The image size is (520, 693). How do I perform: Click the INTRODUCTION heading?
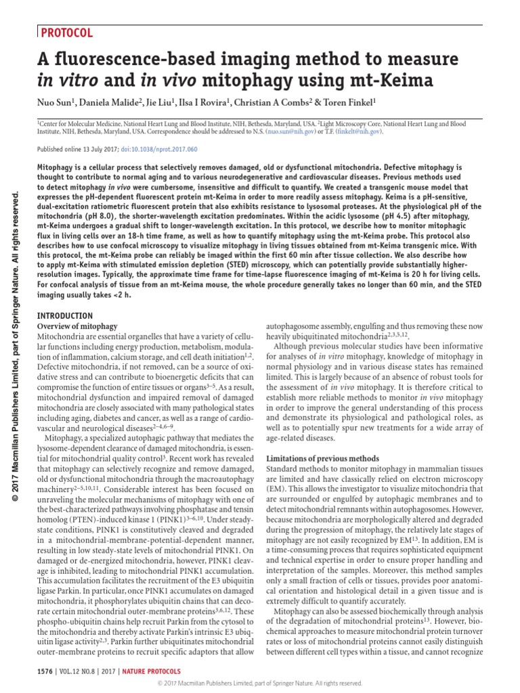[x=64, y=315]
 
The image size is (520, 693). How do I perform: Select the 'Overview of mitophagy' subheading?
[x=77, y=326]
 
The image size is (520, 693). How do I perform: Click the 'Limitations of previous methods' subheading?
[x=322, y=458]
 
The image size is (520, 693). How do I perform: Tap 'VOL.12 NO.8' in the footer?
[x=82, y=670]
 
